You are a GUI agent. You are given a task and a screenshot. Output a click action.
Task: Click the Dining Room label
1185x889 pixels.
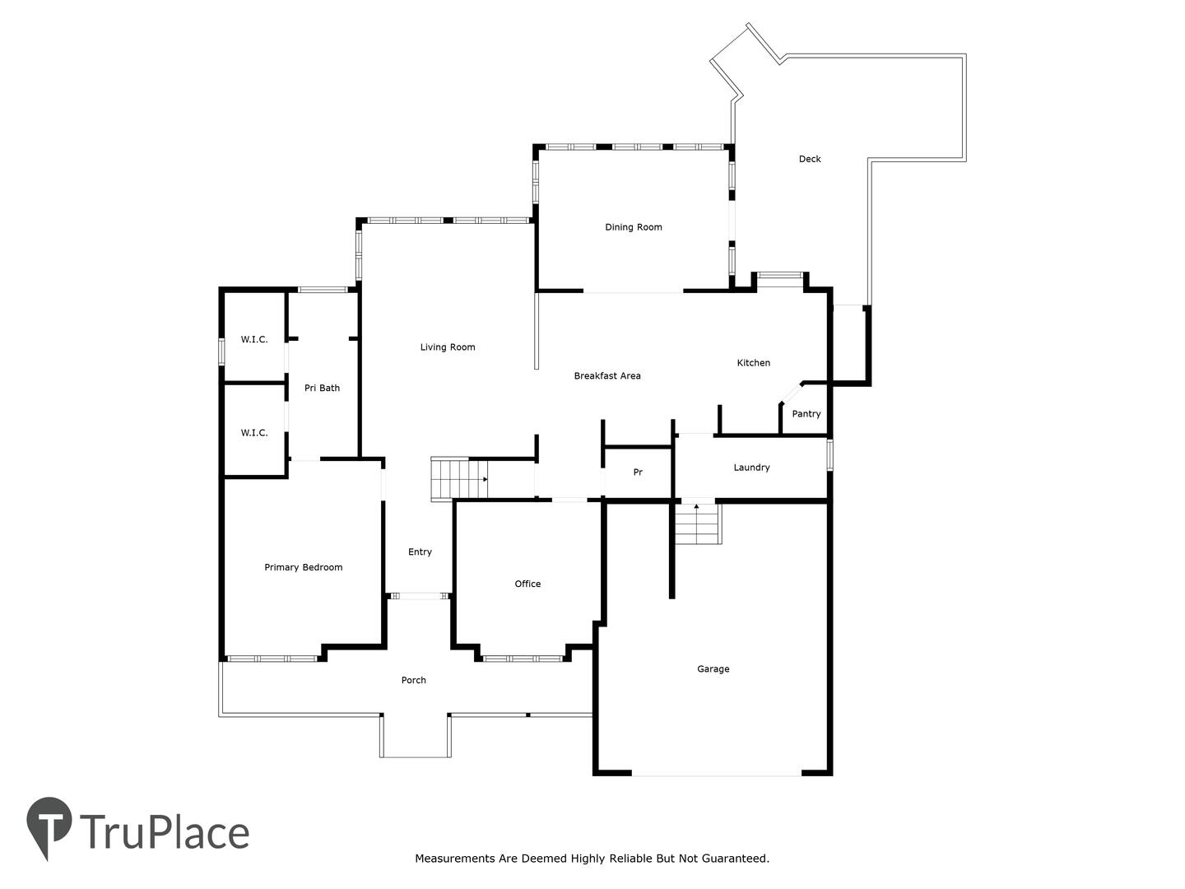[x=634, y=227]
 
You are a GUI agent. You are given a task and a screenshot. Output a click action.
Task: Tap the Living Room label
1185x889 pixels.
[x=448, y=347]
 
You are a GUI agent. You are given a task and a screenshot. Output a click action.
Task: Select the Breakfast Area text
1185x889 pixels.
[x=607, y=375]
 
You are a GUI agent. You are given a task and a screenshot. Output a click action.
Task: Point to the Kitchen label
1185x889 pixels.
[x=753, y=363]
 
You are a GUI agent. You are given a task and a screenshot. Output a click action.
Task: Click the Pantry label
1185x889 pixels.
[x=806, y=414]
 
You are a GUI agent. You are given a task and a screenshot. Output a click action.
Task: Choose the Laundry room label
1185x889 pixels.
[x=751, y=468]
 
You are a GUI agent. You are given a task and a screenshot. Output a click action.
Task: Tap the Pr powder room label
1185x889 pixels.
[x=638, y=472]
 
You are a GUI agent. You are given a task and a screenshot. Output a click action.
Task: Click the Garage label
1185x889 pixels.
[x=713, y=668]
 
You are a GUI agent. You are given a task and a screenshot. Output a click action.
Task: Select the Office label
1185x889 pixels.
[x=527, y=584]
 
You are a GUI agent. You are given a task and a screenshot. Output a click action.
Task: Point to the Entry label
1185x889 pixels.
[x=420, y=552]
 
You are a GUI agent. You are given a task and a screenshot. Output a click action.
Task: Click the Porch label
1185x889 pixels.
[x=414, y=680]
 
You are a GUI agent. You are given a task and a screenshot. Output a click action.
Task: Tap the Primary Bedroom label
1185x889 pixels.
[x=304, y=567]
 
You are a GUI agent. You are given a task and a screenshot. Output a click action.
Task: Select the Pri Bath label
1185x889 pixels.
[x=322, y=388]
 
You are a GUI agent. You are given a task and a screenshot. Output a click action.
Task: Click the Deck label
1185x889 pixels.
[x=810, y=159]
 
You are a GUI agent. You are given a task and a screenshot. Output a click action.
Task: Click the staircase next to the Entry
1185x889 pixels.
[x=459, y=479]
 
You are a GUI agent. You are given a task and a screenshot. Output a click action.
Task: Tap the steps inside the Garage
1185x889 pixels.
[x=698, y=524]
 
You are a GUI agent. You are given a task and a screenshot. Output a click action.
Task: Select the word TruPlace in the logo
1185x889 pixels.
[x=165, y=832]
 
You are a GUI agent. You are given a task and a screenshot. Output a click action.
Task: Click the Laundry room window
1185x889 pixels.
[x=830, y=455]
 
